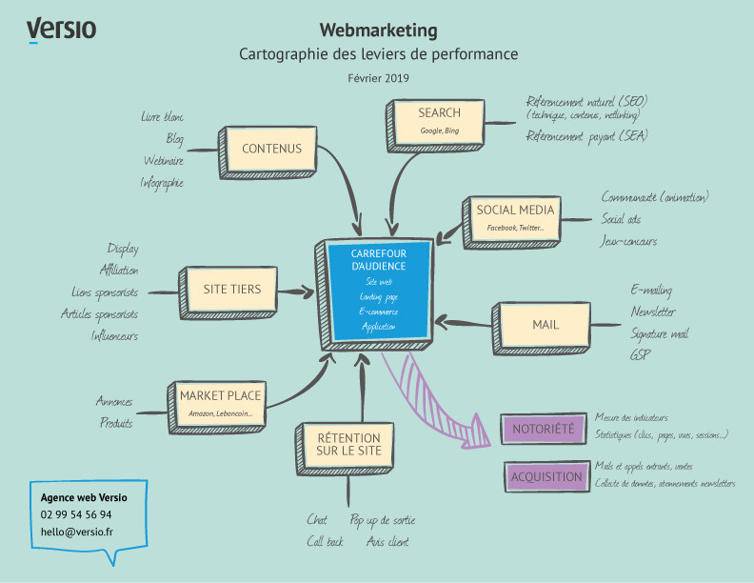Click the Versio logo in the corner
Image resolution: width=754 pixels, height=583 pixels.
61,30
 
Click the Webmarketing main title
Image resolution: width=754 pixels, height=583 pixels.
378,30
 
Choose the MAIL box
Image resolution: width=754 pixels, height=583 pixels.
546,326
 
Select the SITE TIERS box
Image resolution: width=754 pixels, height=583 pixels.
231,290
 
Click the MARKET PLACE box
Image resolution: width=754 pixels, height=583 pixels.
220,402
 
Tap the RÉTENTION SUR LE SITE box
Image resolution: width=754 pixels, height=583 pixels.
347,445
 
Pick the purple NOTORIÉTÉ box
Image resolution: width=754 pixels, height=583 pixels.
543,429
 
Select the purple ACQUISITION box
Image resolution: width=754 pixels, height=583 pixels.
546,476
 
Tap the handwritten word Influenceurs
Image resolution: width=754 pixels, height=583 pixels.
114,335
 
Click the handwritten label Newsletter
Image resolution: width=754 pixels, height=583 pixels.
652,312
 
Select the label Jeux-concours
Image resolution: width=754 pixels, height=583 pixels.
628,242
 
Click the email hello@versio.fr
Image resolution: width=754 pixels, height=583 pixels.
76,532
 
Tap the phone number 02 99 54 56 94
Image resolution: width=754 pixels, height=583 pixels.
76,514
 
